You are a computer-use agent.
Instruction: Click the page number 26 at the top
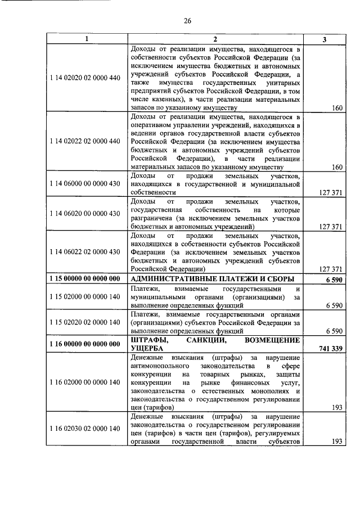(188, 21)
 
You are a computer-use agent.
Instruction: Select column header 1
(86, 39)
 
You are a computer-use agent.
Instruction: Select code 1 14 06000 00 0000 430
(86, 183)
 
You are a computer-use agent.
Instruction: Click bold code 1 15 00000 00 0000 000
(86, 279)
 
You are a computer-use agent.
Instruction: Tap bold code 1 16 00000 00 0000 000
(86, 344)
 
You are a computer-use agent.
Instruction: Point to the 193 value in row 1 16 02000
(337, 407)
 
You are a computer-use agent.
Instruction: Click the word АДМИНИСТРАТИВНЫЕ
(171, 279)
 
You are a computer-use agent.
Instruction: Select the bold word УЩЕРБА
(147, 349)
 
